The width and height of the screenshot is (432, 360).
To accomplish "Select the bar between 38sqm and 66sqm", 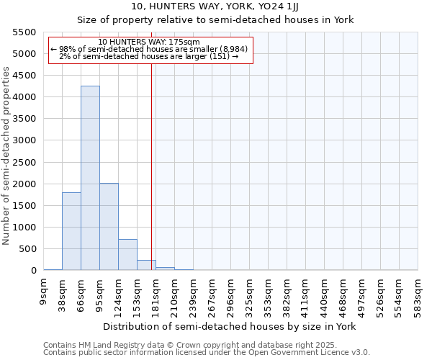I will (71, 231).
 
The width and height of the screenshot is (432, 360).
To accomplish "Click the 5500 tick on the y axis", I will (24, 32).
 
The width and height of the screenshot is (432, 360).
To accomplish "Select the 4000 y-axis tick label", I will (24, 97).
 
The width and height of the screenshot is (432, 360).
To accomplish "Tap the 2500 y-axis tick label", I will (24, 162).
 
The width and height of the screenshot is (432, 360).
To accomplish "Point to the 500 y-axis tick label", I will (27, 249).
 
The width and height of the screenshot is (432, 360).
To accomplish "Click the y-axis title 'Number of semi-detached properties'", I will (6, 156).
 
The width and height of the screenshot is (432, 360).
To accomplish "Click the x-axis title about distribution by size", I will (230, 326).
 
